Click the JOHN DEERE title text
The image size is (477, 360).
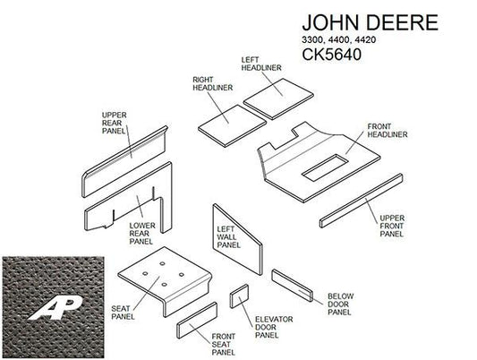click(x=370, y=22)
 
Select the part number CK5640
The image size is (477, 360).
click(x=332, y=55)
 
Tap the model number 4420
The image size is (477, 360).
click(x=365, y=40)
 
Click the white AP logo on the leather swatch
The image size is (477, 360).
click(x=55, y=308)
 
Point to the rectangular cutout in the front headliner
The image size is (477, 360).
click(x=324, y=167)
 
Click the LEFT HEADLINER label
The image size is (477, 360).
click(x=261, y=64)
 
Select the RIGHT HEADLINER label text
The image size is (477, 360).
click(x=213, y=83)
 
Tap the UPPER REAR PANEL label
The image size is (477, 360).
click(x=114, y=123)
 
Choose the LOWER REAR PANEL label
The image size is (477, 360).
click(x=142, y=234)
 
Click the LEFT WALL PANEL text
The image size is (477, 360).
click(x=228, y=237)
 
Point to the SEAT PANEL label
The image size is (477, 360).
click(x=123, y=313)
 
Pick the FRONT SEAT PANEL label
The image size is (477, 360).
click(x=224, y=345)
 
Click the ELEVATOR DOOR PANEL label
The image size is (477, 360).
click(x=274, y=328)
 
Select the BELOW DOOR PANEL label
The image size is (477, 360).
click(x=340, y=304)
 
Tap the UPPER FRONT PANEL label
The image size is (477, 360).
click(x=392, y=226)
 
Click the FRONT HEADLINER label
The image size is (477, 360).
click(x=388, y=131)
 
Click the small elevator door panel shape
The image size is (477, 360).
click(x=239, y=296)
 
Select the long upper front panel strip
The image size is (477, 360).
click(x=361, y=201)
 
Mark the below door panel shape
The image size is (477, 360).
click(x=292, y=286)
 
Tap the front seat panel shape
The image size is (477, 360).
click(x=197, y=320)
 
